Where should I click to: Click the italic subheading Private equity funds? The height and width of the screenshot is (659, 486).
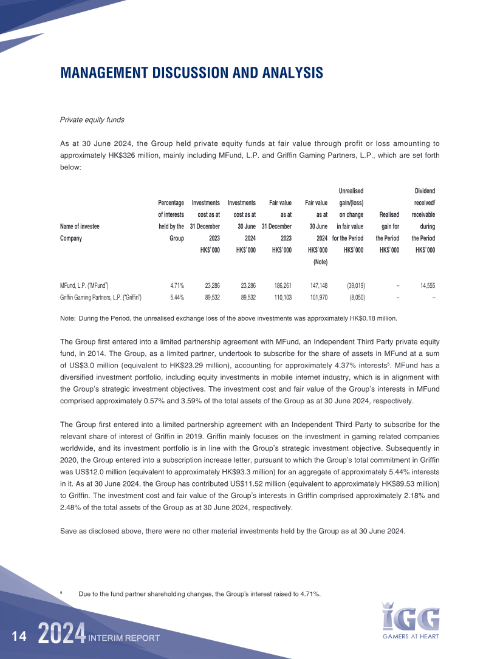(x=92, y=120)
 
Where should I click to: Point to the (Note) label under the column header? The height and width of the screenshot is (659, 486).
(x=320, y=262)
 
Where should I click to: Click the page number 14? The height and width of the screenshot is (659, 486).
(x=19, y=636)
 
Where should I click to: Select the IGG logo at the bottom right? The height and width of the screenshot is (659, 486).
(x=411, y=616)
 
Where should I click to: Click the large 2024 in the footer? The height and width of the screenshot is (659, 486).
(x=61, y=635)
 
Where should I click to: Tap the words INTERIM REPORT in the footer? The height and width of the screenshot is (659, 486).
(x=124, y=638)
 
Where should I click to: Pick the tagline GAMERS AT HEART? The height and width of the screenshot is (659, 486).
(x=411, y=637)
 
